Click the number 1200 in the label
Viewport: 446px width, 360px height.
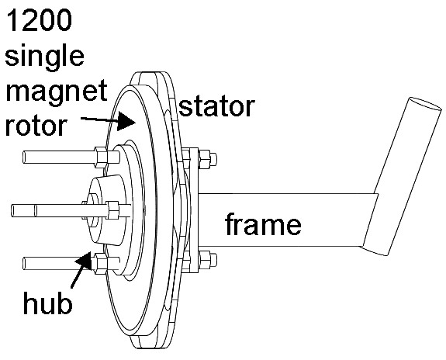(39, 20)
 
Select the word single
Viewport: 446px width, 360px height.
(44, 57)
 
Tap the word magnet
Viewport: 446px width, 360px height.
(57, 91)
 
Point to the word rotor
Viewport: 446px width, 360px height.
(36, 126)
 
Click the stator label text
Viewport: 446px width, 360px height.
(216, 106)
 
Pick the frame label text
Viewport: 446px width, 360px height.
(263, 224)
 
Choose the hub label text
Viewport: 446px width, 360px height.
(47, 302)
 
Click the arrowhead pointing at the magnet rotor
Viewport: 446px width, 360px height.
(125, 122)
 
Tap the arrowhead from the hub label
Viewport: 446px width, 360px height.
(85, 261)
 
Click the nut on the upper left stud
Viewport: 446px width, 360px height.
(101, 157)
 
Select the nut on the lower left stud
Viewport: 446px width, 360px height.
(101, 263)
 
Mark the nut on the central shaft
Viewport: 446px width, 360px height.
(113, 210)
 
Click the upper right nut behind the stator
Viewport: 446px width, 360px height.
(205, 158)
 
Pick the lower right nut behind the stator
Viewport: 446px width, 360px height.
(205, 260)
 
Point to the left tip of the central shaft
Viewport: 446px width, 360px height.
(12, 210)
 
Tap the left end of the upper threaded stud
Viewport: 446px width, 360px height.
(24, 157)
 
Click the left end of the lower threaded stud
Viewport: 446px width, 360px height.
(24, 264)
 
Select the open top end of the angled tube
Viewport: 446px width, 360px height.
(425, 104)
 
